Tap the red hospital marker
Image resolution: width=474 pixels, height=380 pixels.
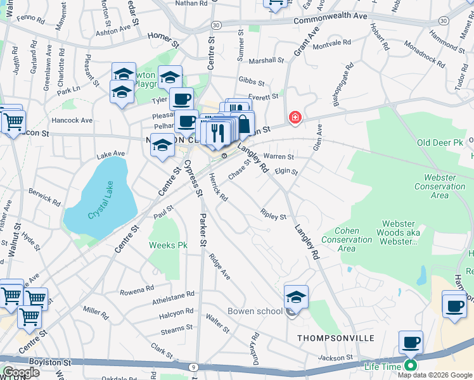tap(295, 117)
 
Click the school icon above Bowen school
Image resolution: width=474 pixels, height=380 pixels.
tap(296, 296)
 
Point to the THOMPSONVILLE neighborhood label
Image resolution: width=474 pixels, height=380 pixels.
tap(336, 339)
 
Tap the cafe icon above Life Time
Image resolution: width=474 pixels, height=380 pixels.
tap(411, 343)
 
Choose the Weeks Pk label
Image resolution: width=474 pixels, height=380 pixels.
tap(168, 244)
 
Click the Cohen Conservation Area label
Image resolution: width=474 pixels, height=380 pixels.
tap(347, 240)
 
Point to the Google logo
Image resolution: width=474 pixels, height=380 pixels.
tap(22, 372)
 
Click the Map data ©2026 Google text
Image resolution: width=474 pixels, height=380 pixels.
tap(435, 375)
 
